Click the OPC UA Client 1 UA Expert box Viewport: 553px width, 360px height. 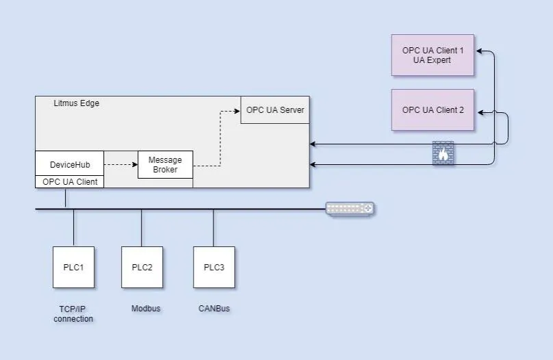pos(433,55)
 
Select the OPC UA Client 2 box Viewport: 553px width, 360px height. pos(433,110)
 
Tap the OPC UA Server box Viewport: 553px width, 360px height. pos(274,110)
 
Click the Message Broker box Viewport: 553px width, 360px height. pos(165,165)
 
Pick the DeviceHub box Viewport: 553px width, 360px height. pos(70,164)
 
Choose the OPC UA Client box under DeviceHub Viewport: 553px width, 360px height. pos(70,182)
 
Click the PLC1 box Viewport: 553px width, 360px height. pos(73,267)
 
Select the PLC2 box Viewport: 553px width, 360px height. pos(142,267)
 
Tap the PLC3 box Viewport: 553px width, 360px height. pos(214,267)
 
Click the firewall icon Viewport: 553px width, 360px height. pos(443,153)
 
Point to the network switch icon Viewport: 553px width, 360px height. pos(350,208)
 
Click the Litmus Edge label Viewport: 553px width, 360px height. pos(76,103)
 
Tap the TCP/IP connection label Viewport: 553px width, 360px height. pos(73,313)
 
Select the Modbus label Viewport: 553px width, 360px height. pos(146,309)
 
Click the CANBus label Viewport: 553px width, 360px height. pos(214,309)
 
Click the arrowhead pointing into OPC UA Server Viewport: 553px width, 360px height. pos(237,110)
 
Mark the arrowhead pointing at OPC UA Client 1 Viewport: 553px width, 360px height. pos(478,51)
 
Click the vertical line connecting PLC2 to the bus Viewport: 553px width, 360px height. pos(142,227)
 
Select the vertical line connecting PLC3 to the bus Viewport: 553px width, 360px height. pos(214,227)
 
